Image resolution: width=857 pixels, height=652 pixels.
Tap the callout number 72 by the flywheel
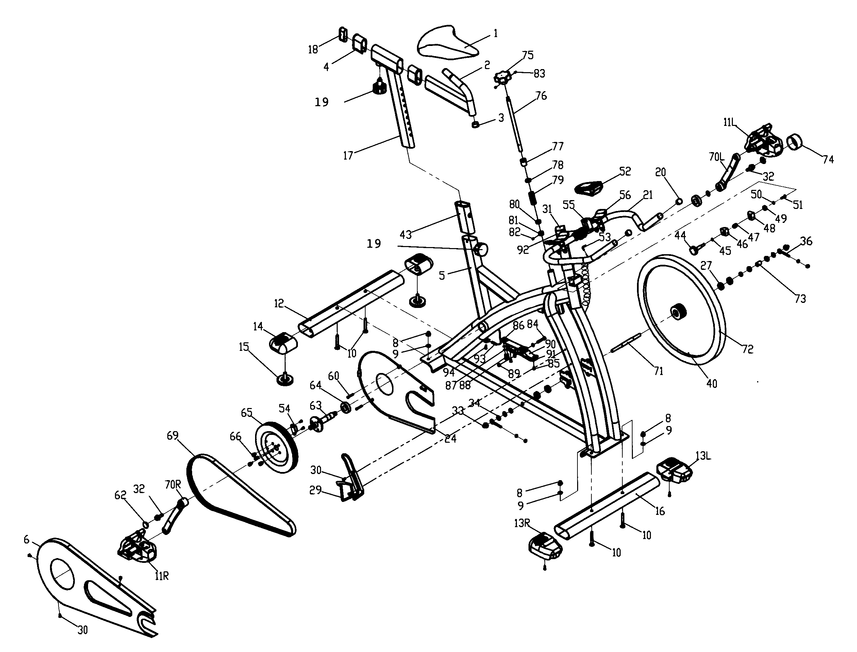[x=747, y=349]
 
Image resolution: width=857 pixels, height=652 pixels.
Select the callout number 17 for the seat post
[x=348, y=156]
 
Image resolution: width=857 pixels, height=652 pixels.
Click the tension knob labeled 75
[x=503, y=77]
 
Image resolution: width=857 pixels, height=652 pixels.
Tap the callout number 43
[x=406, y=234]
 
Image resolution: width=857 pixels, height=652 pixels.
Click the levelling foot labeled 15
[x=286, y=379]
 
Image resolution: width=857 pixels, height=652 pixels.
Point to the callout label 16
[x=660, y=511]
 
